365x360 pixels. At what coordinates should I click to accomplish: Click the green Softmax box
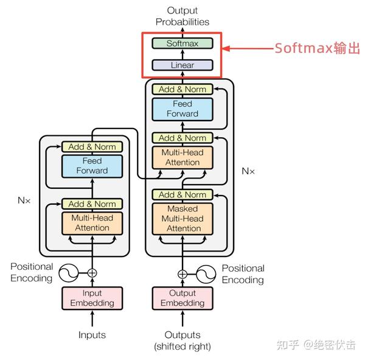tap(182, 43)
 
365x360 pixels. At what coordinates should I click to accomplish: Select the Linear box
tap(182, 65)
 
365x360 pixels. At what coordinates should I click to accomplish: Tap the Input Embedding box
tap(92, 298)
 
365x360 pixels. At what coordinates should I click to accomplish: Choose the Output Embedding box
tap(182, 298)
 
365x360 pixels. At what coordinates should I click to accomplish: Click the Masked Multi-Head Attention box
tap(182, 219)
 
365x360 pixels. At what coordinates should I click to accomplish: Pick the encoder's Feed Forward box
tap(92, 166)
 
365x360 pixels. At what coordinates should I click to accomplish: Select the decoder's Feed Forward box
tap(182, 110)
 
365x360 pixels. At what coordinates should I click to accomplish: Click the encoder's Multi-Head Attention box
tap(92, 223)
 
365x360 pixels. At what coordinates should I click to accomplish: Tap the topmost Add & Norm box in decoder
tap(182, 90)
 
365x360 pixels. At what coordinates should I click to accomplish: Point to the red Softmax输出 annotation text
tap(317, 48)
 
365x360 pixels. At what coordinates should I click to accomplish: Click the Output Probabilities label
tap(182, 16)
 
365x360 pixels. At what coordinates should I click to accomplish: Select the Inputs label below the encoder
tap(92, 335)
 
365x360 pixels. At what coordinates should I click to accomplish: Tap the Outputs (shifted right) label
tap(182, 341)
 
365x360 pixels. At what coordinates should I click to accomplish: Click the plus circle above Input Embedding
tap(92, 273)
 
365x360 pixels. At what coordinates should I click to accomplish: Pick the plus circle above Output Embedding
tap(182, 274)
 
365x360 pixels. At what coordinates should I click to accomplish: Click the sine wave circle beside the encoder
tap(68, 273)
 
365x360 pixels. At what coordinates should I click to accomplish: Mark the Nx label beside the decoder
tap(248, 171)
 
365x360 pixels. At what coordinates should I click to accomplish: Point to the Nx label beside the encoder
tap(24, 200)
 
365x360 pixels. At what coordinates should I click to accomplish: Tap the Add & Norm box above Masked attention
tap(182, 195)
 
